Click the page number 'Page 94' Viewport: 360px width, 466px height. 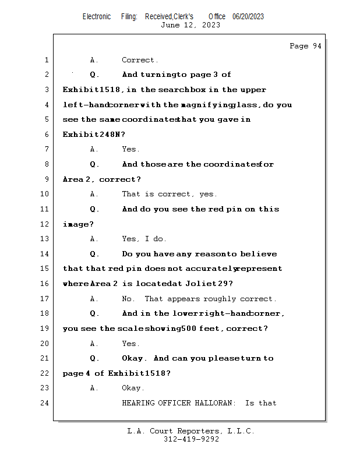tap(305, 46)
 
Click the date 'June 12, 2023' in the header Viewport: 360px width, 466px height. tap(190, 24)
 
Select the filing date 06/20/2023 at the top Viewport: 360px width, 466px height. tap(248, 16)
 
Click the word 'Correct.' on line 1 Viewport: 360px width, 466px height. tap(140, 60)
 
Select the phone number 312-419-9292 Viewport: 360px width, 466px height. tap(191, 439)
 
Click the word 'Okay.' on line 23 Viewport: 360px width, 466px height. tap(133, 388)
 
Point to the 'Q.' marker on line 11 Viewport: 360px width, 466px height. tap(95, 209)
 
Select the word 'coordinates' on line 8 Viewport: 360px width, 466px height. tap(231, 164)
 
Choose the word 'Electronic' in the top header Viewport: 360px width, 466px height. tap(97, 16)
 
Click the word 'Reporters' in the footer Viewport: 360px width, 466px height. tap(198, 431)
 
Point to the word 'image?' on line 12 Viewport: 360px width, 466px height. tap(78, 224)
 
